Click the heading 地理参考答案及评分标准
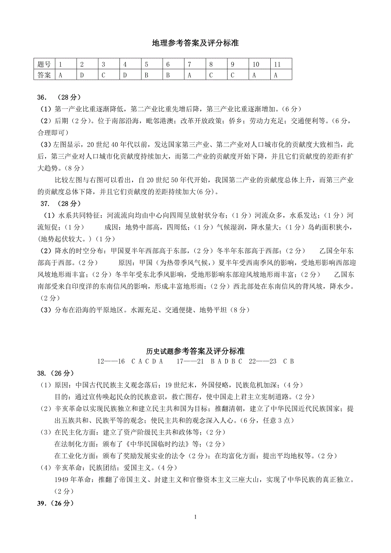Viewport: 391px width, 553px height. tap(195, 43)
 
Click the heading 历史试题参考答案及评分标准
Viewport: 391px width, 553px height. tap(195, 351)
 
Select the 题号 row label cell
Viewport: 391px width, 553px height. tap(44, 65)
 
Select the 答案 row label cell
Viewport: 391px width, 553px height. tap(44, 75)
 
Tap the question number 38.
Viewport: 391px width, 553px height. tap(42, 373)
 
